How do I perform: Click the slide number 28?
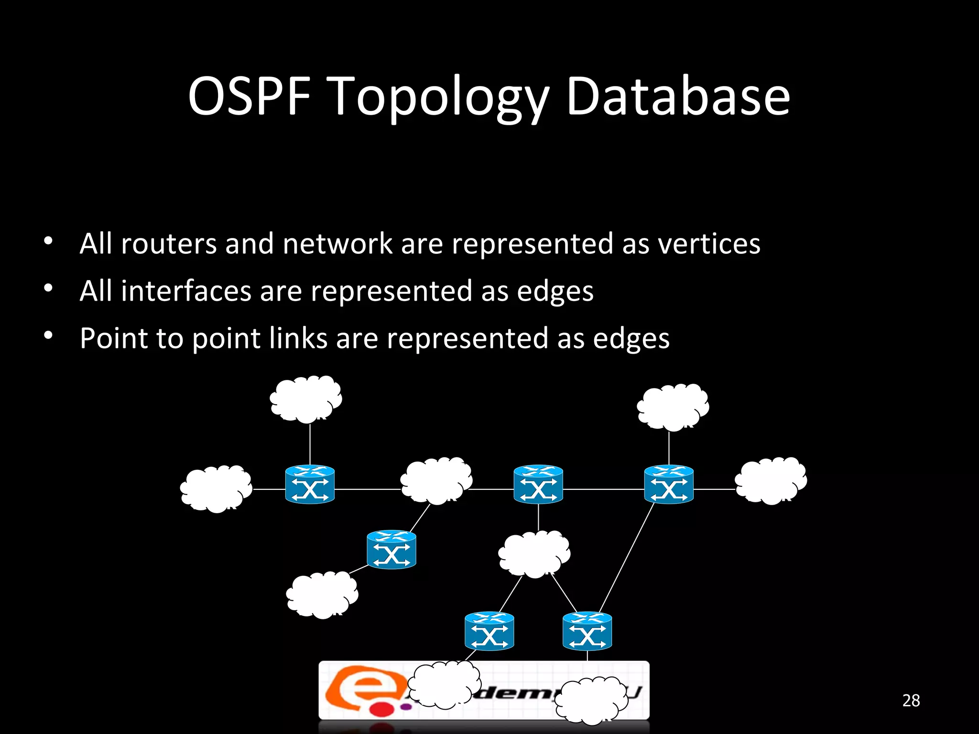(911, 701)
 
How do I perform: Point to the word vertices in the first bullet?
(709, 244)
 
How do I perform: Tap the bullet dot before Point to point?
(48, 335)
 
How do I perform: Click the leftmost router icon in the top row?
(310, 484)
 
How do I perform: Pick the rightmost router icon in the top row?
(668, 484)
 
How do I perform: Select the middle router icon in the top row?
(538, 484)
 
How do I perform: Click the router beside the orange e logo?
(489, 631)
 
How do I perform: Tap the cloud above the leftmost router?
(306, 399)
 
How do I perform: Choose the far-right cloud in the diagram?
(771, 481)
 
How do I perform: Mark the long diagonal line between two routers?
(626, 557)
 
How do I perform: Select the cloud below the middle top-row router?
(534, 554)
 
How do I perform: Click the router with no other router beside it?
(391, 549)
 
